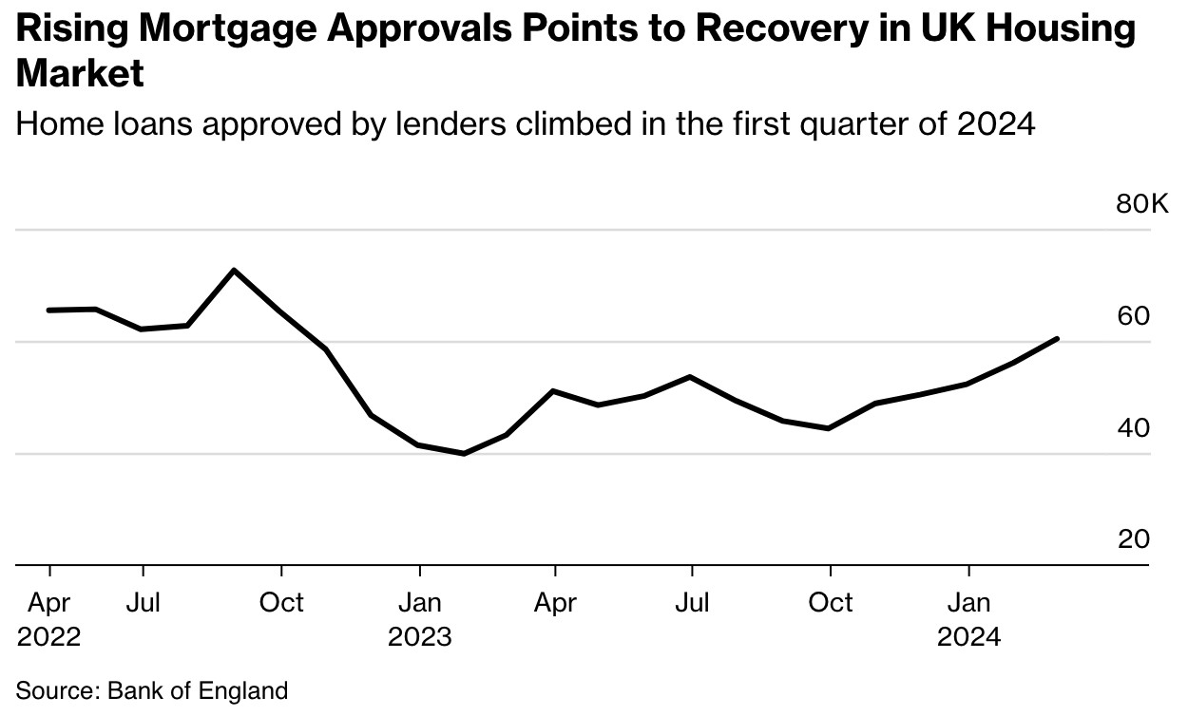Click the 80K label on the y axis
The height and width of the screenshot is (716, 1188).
click(1142, 204)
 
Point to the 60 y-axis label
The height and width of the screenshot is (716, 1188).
click(1133, 316)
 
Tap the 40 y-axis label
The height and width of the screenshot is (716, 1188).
click(1133, 428)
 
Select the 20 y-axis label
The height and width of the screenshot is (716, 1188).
click(1133, 539)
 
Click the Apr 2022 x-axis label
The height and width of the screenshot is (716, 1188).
click(48, 618)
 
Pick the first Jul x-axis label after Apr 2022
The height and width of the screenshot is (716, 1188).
click(143, 603)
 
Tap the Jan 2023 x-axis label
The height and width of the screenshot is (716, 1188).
click(419, 618)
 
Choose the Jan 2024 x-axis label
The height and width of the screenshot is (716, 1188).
click(968, 618)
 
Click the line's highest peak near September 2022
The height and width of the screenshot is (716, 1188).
click(234, 271)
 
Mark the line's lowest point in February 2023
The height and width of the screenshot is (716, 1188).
click(464, 454)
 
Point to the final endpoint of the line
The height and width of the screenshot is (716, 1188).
click(1058, 338)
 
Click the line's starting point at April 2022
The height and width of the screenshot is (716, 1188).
click(48, 311)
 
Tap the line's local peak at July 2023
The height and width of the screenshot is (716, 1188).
click(691, 377)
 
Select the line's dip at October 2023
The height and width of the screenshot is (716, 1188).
click(830, 428)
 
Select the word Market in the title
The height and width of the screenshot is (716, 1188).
click(80, 74)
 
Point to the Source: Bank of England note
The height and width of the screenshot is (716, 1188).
click(152, 690)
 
